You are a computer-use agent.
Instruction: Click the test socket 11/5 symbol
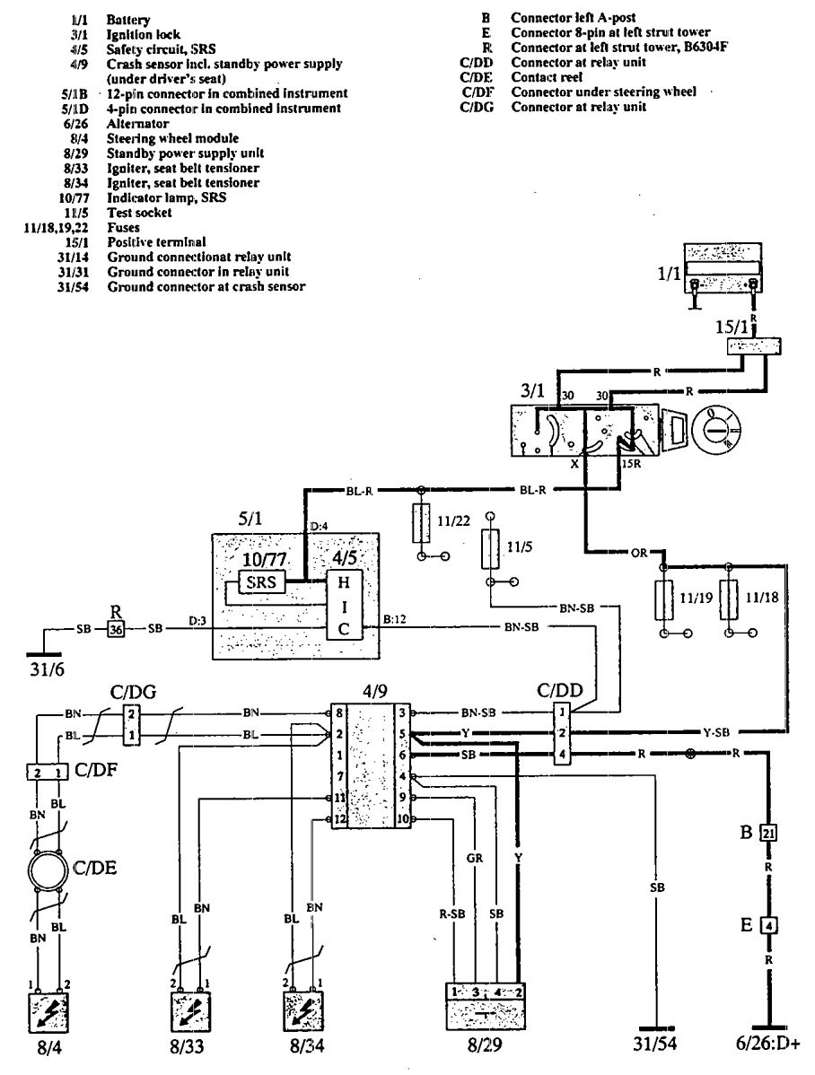(x=489, y=548)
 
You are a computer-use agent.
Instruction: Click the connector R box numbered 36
(x=116, y=629)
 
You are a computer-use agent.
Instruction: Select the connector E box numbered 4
(x=768, y=922)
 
